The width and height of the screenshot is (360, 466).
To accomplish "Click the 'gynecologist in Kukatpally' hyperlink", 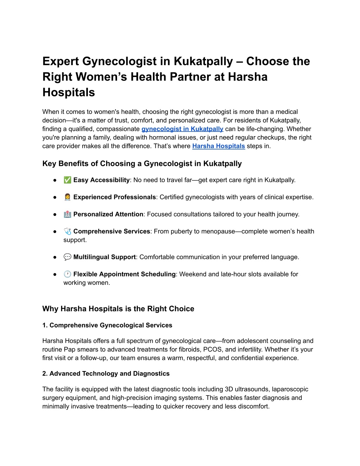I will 182,129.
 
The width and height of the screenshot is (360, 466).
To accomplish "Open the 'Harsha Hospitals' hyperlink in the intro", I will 218,146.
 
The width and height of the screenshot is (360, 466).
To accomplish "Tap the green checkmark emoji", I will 67,180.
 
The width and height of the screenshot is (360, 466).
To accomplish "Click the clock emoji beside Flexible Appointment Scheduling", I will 67,274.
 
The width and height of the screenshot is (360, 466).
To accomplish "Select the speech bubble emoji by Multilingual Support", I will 67,257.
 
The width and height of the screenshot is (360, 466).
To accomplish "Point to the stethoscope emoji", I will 67,231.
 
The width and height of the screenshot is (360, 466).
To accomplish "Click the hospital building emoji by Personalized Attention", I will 67,214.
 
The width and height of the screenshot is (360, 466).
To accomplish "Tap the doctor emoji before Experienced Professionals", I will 67,197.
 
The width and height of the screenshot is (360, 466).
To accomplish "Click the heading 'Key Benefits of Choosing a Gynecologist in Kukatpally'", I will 142,164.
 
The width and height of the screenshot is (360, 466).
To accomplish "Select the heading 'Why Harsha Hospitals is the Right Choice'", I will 118,309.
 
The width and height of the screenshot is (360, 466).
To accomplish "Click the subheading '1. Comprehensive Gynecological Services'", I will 107,325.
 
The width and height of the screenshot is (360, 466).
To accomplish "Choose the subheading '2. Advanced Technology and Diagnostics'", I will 106,374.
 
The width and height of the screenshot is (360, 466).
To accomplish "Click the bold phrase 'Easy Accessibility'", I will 101,180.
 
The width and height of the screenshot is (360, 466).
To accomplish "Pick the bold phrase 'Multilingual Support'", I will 104,257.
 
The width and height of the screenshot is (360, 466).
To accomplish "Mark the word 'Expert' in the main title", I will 60,62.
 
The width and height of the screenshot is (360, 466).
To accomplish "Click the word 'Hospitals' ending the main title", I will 69,92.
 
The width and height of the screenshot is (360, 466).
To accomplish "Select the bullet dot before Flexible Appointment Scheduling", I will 55,274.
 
